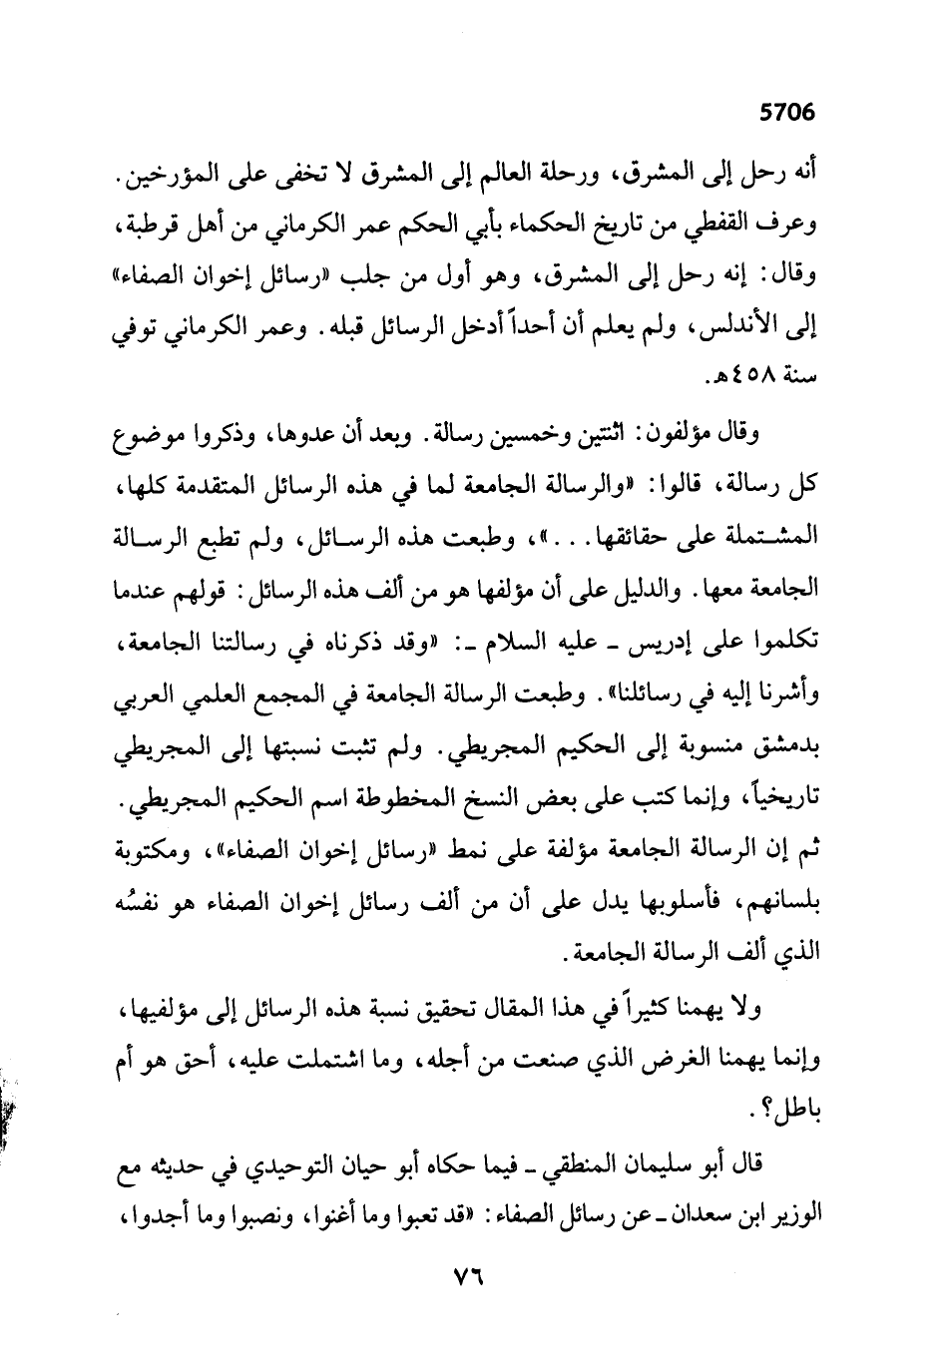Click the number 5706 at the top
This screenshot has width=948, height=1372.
tap(787, 114)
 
